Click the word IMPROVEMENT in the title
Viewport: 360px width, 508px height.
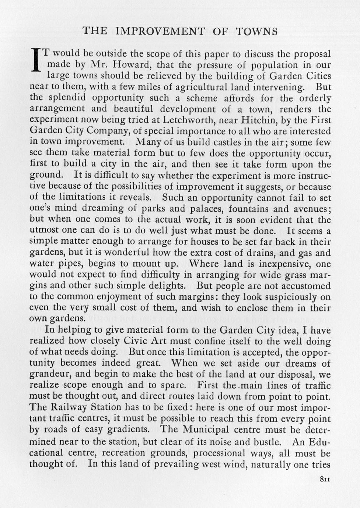(x=159, y=31)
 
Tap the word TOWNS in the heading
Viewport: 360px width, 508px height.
(x=256, y=31)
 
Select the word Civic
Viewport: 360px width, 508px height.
(x=175, y=341)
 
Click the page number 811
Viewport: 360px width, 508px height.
(x=324, y=479)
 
